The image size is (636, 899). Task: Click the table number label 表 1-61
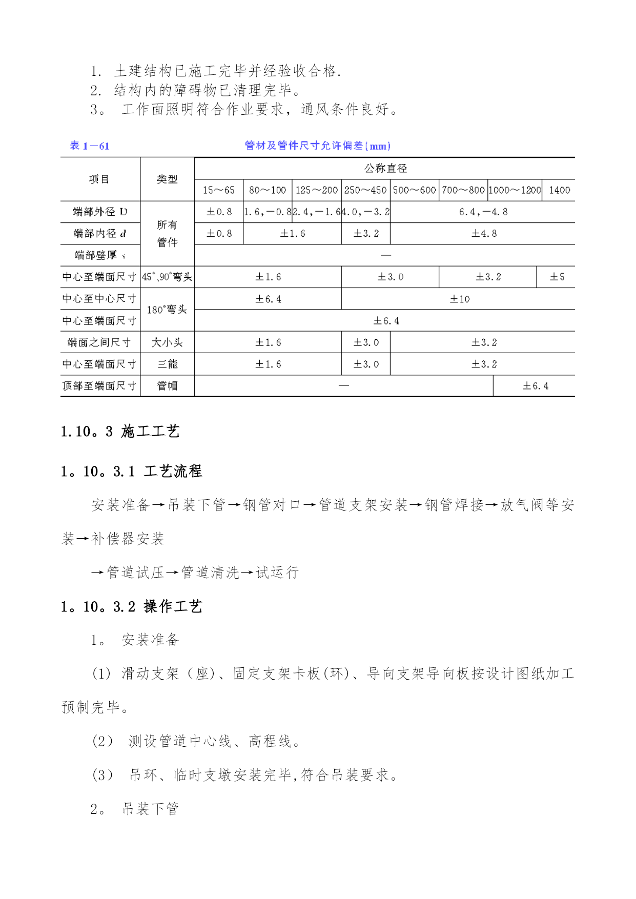click(90, 146)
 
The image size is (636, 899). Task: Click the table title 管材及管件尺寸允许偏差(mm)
click(317, 146)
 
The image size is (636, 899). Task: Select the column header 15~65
click(218, 190)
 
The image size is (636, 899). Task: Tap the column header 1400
click(559, 190)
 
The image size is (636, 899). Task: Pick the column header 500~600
click(414, 190)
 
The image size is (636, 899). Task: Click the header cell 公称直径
click(385, 168)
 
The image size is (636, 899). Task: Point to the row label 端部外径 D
click(100, 212)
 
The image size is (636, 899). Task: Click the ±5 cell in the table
click(557, 277)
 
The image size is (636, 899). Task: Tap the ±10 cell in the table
click(459, 299)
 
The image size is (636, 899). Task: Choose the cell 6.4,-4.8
click(483, 212)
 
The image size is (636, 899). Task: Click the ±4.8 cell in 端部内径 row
click(484, 233)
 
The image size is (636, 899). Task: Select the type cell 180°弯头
click(167, 310)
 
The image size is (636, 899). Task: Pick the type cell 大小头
click(167, 342)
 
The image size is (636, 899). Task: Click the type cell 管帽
click(167, 386)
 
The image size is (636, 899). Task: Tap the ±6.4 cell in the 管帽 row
click(535, 386)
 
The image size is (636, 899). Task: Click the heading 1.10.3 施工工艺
click(120, 432)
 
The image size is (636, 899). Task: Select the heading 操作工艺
click(173, 606)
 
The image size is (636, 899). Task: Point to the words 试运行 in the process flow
click(277, 573)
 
